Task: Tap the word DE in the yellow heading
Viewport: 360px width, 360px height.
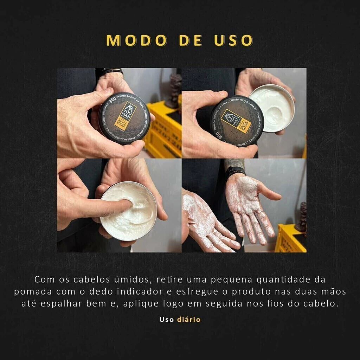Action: pos(190,40)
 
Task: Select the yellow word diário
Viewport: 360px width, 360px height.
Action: pos(189,320)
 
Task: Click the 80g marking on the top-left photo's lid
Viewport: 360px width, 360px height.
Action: pos(112,104)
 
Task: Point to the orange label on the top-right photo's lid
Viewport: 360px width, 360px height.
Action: pos(236,121)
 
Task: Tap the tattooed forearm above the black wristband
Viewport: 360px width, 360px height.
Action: pos(234,163)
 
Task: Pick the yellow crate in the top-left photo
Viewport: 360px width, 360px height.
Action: pos(163,130)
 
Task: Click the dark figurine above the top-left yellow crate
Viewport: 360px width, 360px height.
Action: pos(174,91)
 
